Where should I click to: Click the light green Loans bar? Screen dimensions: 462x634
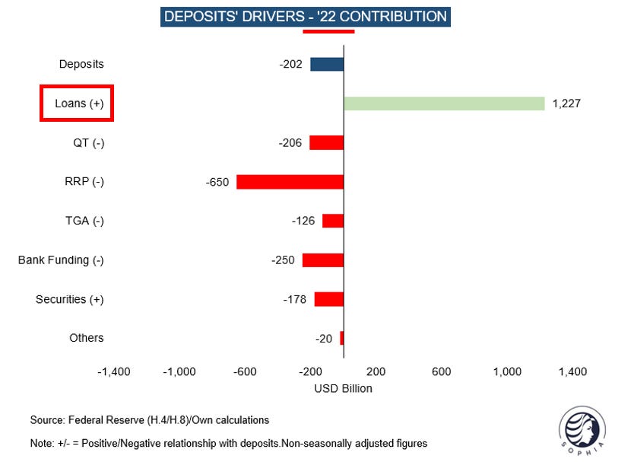coord(444,104)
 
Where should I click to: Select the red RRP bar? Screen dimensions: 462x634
coord(290,182)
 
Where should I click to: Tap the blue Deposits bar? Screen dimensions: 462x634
coord(327,65)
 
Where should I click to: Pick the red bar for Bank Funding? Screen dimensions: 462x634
coord(322,260)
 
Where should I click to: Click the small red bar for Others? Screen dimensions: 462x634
coord(341,338)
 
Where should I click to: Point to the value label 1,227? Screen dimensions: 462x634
coord(566,104)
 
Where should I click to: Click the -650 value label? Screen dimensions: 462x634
coord(219,182)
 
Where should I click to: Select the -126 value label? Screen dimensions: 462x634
coord(304,221)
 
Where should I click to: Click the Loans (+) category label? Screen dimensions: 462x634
coord(79,104)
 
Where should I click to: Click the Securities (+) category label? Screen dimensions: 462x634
coord(69,300)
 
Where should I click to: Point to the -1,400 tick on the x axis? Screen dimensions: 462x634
coord(113,372)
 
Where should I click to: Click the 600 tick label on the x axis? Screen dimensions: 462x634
coord(441,372)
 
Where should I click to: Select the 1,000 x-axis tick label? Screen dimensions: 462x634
coord(507,372)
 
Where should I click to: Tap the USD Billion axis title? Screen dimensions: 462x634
coord(343,388)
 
